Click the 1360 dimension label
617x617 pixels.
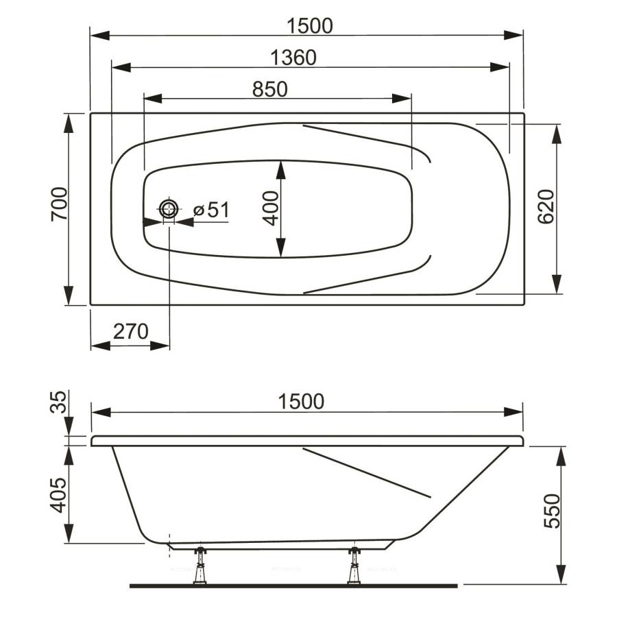click(x=293, y=58)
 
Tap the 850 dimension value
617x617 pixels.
click(x=270, y=89)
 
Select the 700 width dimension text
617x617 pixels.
click(x=60, y=204)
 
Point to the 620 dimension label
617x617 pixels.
click(x=546, y=206)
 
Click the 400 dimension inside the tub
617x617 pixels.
click(x=271, y=208)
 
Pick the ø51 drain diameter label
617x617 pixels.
click(x=211, y=210)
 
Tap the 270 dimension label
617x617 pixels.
click(x=131, y=331)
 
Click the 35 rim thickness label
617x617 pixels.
click(x=58, y=402)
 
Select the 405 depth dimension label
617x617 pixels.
click(x=58, y=495)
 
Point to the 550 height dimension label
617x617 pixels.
click(x=551, y=511)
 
